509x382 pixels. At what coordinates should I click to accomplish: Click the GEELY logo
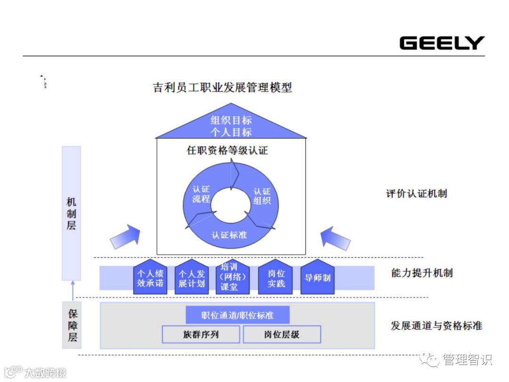[442, 43]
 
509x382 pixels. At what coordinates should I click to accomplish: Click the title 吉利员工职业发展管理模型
[222, 87]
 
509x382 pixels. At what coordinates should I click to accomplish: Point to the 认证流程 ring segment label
[201, 194]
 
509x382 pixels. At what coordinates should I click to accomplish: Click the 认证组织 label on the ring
[262, 196]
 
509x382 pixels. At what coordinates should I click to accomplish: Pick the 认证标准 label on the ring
[229, 234]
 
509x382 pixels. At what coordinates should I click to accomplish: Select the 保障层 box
[72, 325]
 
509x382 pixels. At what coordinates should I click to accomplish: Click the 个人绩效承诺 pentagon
[150, 278]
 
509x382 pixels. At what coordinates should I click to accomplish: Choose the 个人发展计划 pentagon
[192, 278]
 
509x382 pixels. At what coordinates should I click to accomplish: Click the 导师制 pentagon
[317, 278]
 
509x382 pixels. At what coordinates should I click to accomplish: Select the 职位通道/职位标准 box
[238, 315]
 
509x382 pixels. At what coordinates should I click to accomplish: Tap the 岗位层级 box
[282, 335]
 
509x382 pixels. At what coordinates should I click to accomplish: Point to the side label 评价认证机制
[417, 194]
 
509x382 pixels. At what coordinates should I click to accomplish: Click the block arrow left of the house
[125, 236]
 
